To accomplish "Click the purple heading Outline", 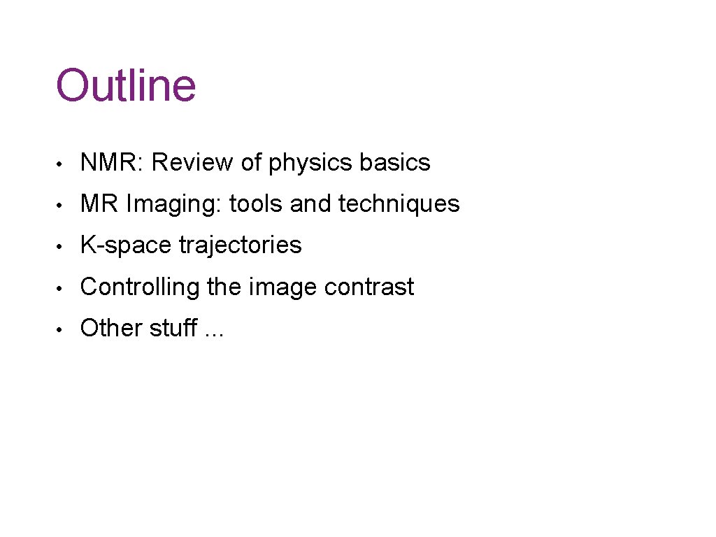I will click(x=126, y=85).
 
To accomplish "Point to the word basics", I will click(x=395, y=163).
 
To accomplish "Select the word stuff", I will click(x=174, y=328).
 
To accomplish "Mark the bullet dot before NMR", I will click(x=62, y=164).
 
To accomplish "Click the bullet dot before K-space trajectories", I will click(x=62, y=247).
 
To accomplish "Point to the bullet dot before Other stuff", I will click(x=62, y=329).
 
